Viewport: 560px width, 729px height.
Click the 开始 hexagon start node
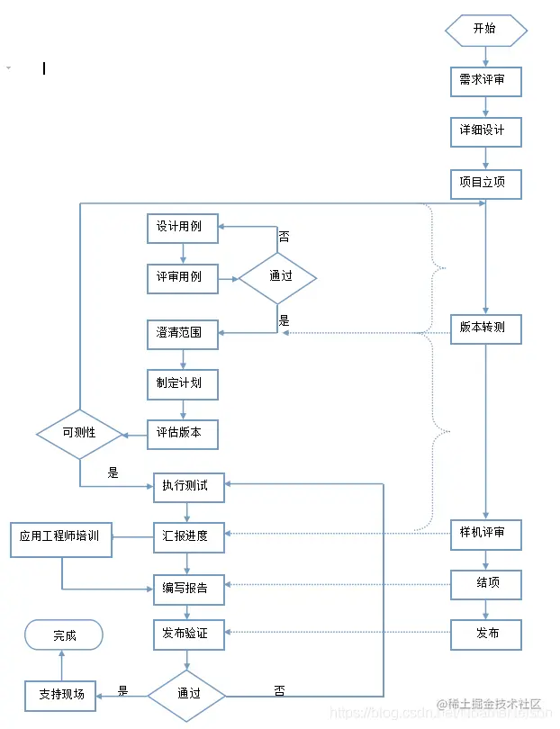(485, 29)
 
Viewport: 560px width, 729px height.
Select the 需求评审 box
(485, 81)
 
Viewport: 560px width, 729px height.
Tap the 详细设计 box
(485, 131)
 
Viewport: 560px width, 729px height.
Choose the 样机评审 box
(485, 534)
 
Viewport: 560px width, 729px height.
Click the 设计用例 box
(183, 228)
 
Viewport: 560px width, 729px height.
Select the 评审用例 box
(183, 278)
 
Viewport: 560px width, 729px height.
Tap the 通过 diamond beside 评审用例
(278, 277)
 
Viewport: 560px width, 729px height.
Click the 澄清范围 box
(183, 334)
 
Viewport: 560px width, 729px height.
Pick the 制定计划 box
(183, 384)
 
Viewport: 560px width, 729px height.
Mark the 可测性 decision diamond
(79, 434)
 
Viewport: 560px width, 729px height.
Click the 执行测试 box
(187, 487)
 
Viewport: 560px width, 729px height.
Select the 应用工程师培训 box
(61, 538)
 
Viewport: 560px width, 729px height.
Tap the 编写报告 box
(187, 589)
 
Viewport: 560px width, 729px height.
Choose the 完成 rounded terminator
(64, 635)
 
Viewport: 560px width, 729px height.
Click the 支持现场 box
(60, 695)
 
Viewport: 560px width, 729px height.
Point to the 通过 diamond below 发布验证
(187, 695)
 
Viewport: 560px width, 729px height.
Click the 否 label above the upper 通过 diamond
(284, 238)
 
